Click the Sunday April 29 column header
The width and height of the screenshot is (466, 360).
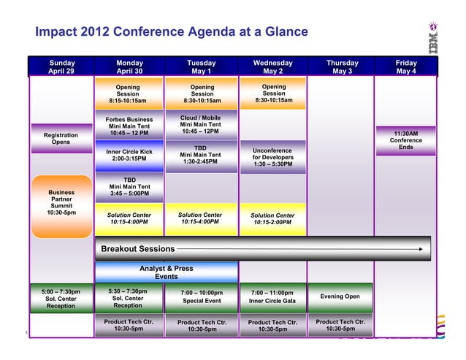point(61,67)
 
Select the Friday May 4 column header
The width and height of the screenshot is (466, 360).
point(406,67)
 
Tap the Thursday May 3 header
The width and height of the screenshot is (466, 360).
point(343,67)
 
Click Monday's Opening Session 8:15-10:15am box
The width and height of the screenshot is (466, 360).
point(128,93)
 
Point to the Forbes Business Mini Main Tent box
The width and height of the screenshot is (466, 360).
point(129,126)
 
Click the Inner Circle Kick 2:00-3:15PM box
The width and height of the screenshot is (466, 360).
point(129,156)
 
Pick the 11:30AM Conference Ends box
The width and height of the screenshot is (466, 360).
point(405,140)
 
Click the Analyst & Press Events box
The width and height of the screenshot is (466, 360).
point(167,272)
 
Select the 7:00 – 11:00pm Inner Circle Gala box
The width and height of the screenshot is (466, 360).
point(272,296)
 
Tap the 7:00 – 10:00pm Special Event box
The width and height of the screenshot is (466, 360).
point(202,296)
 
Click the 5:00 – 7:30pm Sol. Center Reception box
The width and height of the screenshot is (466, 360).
point(61,298)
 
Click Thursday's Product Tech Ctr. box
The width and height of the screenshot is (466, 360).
point(340,326)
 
